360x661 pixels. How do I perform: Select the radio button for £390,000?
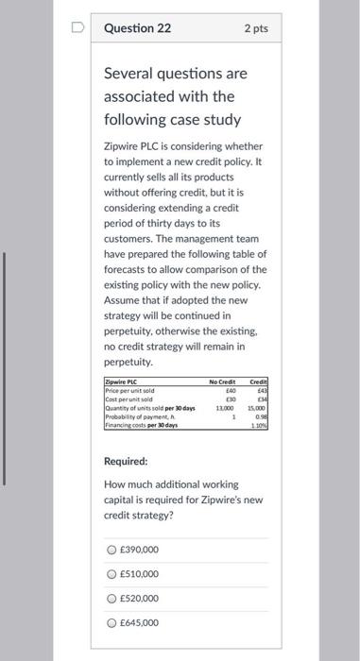click(111, 550)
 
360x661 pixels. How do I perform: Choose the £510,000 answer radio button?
click(111, 574)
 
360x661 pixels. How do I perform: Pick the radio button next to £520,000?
click(111, 599)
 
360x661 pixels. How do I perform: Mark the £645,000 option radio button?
click(111, 623)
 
